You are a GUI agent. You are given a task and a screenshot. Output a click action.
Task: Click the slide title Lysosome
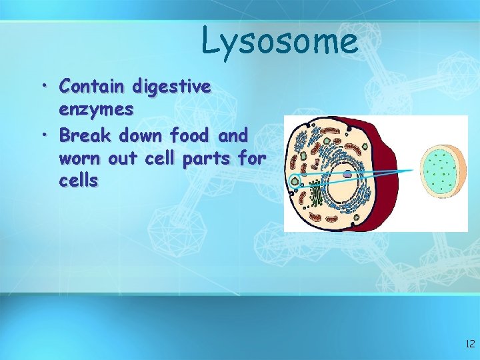pyautogui.click(x=279, y=41)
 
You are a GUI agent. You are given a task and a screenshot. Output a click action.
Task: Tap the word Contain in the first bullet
pyautogui.click(x=92, y=86)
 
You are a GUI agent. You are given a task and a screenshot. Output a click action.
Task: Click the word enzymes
pyautogui.click(x=96, y=109)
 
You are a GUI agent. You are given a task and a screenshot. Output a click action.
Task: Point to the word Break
pyautogui.click(x=85, y=135)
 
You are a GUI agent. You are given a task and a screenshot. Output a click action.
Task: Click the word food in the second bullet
pyautogui.click(x=191, y=135)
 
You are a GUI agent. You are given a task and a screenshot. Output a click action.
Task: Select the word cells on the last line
pyautogui.click(x=79, y=181)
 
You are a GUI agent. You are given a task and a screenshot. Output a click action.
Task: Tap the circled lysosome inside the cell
pyautogui.click(x=293, y=179)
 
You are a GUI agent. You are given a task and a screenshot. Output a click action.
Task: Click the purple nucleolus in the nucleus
pyautogui.click(x=347, y=173)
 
